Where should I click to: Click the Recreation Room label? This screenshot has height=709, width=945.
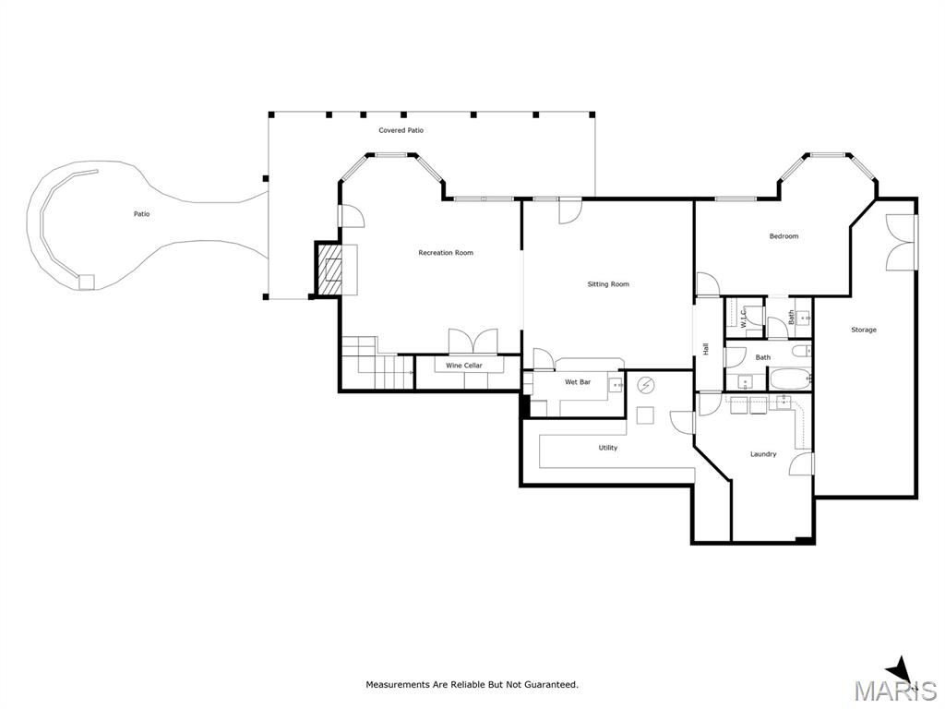(446, 253)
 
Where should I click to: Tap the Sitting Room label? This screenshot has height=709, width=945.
(608, 284)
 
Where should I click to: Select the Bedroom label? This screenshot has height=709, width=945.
(784, 235)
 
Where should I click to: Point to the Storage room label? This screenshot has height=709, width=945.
(864, 330)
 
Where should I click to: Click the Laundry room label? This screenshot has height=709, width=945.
(763, 454)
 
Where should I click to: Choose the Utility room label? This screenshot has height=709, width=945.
(607, 448)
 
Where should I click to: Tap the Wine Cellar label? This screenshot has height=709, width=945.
(464, 366)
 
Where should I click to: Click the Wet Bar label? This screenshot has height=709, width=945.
(578, 381)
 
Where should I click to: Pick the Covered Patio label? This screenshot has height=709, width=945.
(401, 130)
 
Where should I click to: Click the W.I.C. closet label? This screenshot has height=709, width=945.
(744, 318)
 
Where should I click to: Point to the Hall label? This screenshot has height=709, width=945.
(705, 348)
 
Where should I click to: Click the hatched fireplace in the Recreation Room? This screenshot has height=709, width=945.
(329, 269)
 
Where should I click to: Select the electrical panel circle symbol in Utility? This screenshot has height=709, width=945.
(646, 384)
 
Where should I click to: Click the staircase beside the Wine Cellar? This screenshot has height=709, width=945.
(377, 364)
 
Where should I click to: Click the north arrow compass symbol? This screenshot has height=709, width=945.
(902, 686)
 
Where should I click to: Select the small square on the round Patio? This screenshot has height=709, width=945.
(87, 282)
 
